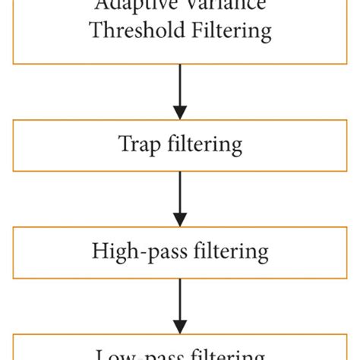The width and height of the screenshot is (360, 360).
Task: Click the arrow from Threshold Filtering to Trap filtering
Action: click(x=180, y=90)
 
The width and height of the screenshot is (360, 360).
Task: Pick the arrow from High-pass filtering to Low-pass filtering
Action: click(x=180, y=303)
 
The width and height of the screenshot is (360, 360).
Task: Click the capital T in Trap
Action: click(x=122, y=143)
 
